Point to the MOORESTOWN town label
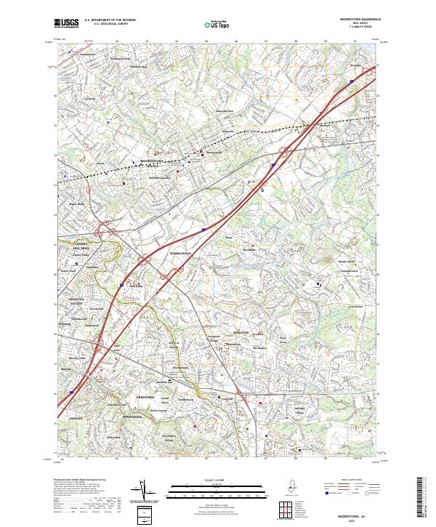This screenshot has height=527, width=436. [153, 160]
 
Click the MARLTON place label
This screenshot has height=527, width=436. [241, 332]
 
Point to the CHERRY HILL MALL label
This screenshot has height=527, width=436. [76, 246]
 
